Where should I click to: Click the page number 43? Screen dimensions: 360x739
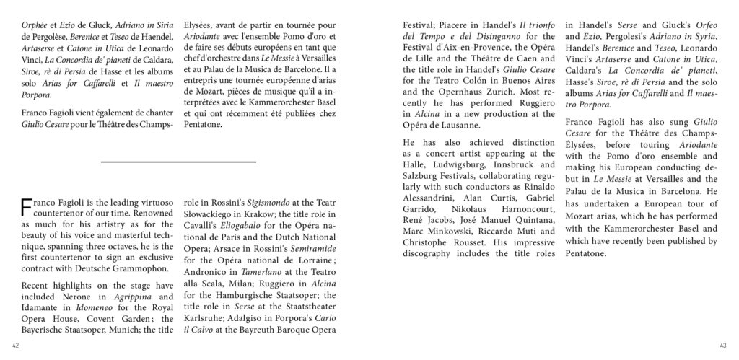tap(730, 343)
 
